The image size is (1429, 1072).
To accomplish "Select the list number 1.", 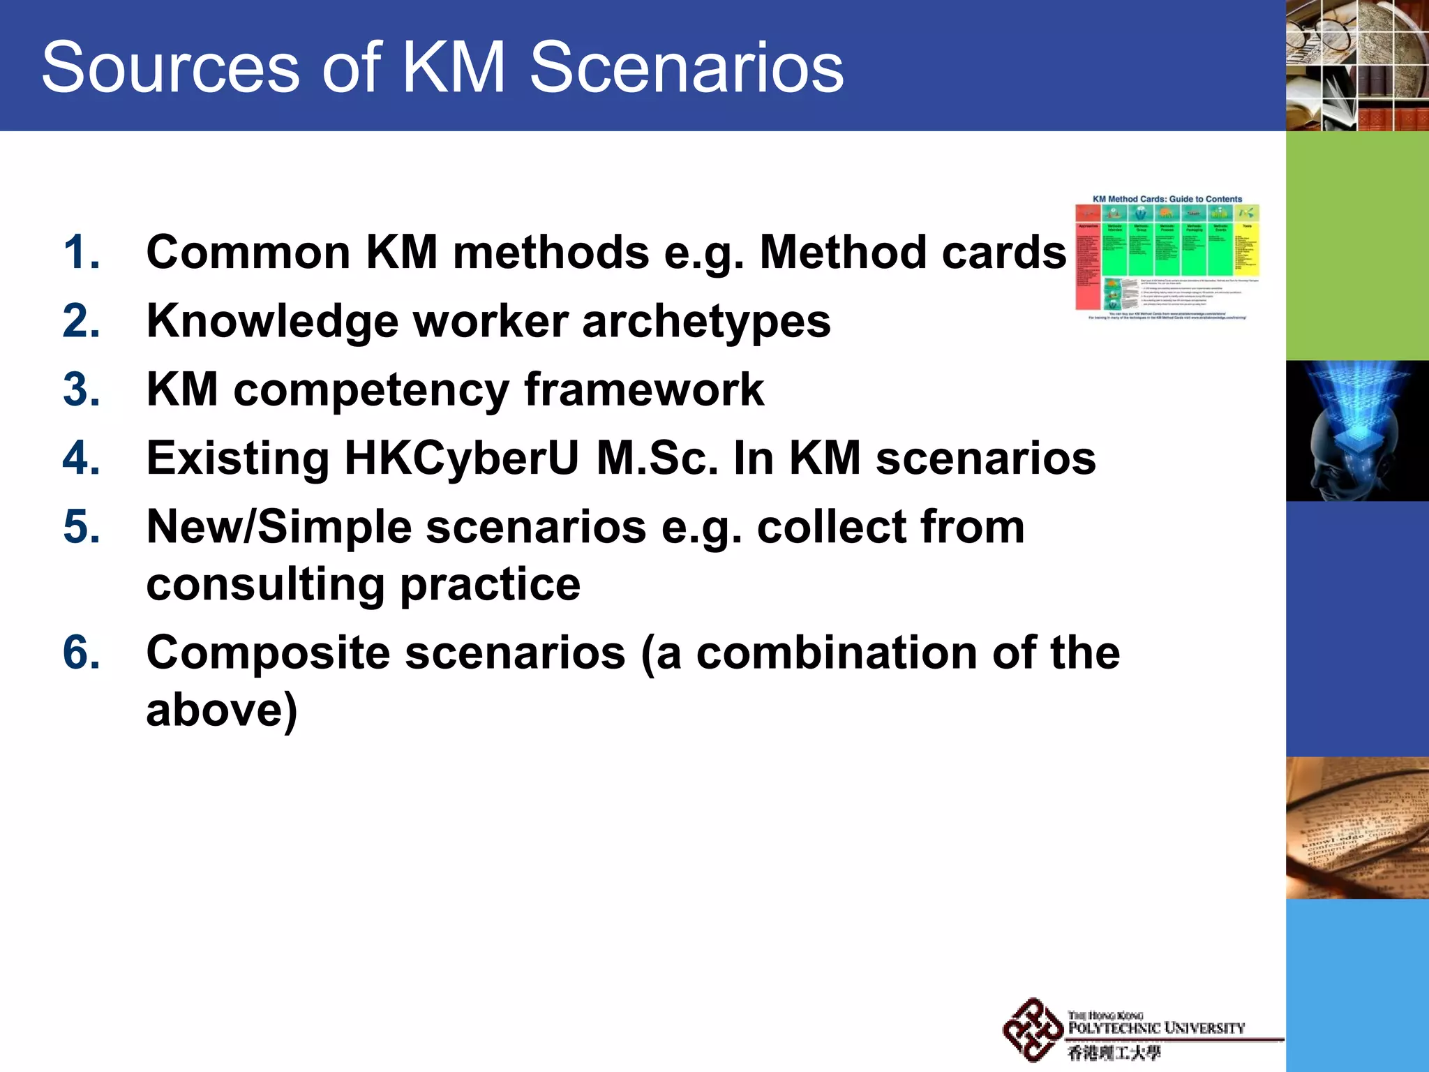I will coord(81,252).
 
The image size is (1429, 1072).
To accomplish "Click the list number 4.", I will coord(81,459).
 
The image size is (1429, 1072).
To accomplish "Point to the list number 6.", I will coord(81,653).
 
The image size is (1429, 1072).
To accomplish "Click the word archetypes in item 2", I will coord(705,322).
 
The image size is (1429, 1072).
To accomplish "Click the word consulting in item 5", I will coord(265,584).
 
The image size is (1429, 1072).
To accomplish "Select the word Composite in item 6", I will coord(268,653).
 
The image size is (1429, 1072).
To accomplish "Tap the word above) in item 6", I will coord(221,710).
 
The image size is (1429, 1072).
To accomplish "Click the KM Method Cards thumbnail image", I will coord(1167,258).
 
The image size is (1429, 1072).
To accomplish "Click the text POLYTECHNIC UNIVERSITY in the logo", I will coord(1156,1028).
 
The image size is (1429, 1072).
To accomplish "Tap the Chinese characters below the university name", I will coord(1114,1052).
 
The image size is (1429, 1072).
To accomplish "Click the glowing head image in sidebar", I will coord(1357,431).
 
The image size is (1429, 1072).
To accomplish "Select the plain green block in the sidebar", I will coord(1357,246).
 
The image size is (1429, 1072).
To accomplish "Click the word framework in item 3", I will coord(643,390).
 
